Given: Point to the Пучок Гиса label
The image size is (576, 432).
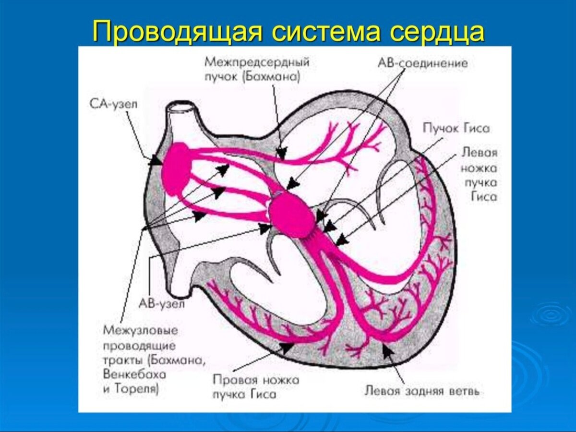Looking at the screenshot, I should point(456,128).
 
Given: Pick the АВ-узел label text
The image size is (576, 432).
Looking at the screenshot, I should point(161,303).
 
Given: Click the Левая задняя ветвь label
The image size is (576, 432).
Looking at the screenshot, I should point(422,391).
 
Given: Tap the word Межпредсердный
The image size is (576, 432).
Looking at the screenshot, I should point(256,62).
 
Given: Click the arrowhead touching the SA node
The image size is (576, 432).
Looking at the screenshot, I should point(156,161).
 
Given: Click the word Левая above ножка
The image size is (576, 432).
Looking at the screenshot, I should point(479,153).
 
